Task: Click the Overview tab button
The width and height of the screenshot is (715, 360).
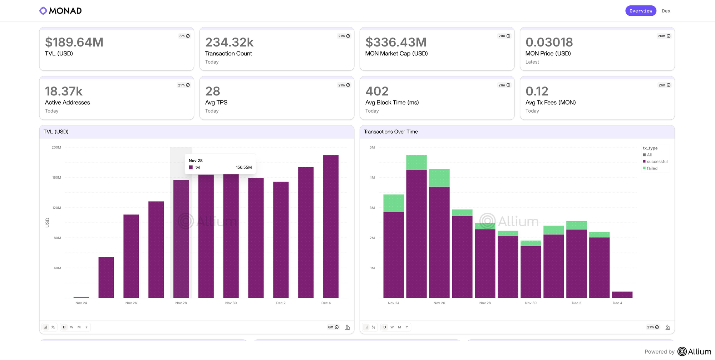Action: click(641, 11)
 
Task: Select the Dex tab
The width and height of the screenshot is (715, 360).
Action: click(666, 11)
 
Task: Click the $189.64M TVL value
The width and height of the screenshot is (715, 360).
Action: click(74, 42)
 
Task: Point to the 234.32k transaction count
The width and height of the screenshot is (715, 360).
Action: click(229, 42)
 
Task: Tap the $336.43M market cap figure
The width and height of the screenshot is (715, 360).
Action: click(396, 42)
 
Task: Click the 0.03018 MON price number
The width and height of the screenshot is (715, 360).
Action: click(549, 42)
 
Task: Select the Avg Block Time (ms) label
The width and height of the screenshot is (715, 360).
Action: click(392, 103)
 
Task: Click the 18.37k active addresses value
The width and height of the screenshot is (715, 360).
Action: click(64, 91)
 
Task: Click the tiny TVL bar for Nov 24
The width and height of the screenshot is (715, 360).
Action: click(81, 297)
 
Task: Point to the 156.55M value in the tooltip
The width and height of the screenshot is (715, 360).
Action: click(244, 167)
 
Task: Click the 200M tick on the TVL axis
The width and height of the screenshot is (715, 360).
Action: click(56, 147)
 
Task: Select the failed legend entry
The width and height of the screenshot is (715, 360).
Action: click(652, 168)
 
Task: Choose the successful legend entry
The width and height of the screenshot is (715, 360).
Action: click(657, 162)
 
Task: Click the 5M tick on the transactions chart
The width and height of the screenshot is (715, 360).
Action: click(372, 147)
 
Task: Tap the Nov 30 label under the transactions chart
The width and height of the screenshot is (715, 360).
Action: click(531, 303)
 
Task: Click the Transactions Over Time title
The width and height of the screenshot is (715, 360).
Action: click(391, 132)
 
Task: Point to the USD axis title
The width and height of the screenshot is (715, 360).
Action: click(47, 222)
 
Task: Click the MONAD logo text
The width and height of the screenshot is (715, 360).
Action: click(65, 11)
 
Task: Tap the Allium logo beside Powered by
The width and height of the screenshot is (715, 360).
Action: click(694, 351)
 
